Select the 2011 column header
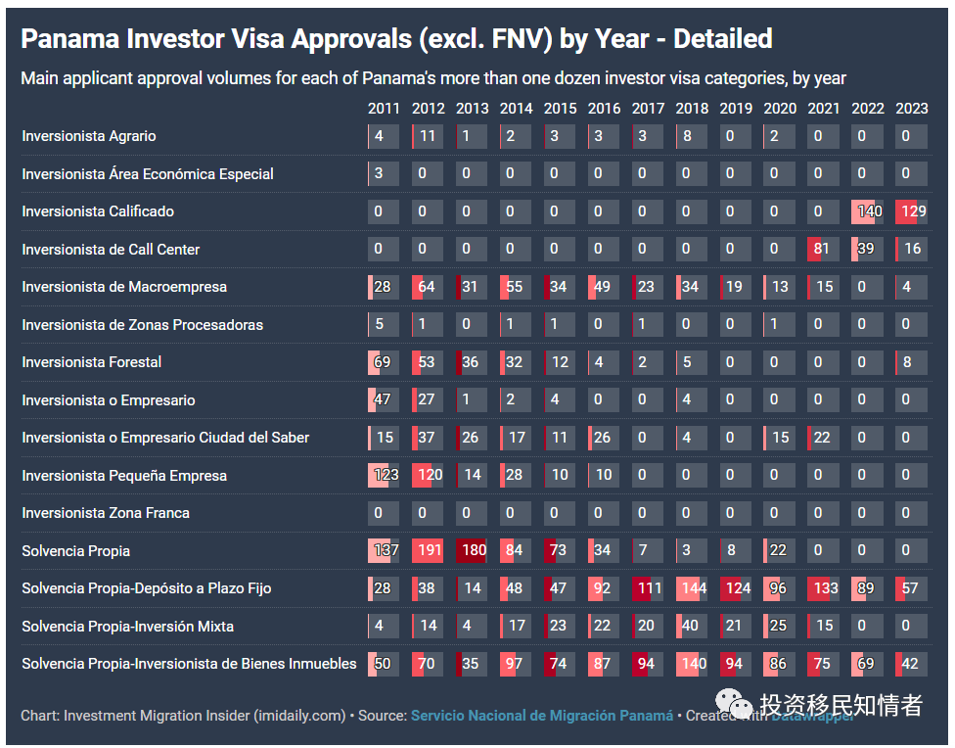[x=384, y=109]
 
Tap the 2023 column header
[x=911, y=109]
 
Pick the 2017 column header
[x=648, y=109]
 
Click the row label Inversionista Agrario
[x=89, y=136]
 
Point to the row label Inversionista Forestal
[x=92, y=362]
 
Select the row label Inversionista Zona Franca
[x=106, y=513]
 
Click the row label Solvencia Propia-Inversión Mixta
[x=128, y=627]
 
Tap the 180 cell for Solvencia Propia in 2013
[x=473, y=550]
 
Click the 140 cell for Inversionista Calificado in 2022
[x=868, y=211]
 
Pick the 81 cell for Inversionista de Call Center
[x=823, y=250]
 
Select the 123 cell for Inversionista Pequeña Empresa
[x=385, y=476]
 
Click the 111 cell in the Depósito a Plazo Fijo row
[x=648, y=588]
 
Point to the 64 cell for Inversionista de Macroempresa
[x=428, y=287]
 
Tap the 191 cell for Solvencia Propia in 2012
[x=428, y=550]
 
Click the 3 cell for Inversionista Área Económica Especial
[x=384, y=174]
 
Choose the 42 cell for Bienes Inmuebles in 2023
[x=911, y=664]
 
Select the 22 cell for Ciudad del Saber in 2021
[x=823, y=438]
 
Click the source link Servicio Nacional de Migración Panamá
[x=542, y=716]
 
